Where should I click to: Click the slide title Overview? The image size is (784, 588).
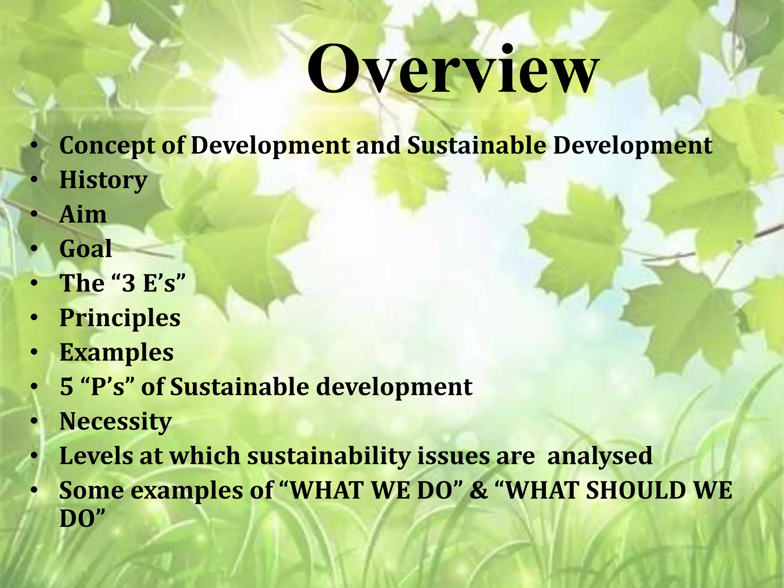[452, 70]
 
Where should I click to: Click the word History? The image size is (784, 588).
[103, 180]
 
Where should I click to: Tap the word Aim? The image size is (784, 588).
[83, 214]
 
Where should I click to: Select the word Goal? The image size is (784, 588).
[86, 249]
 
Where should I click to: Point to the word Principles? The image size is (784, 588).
[120, 318]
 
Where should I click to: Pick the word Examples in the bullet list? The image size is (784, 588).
[116, 352]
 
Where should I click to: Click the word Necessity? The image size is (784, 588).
[116, 421]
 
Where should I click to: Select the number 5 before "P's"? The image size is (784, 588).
[67, 387]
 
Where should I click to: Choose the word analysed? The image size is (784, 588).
[600, 456]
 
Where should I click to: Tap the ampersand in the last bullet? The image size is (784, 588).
[479, 490]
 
